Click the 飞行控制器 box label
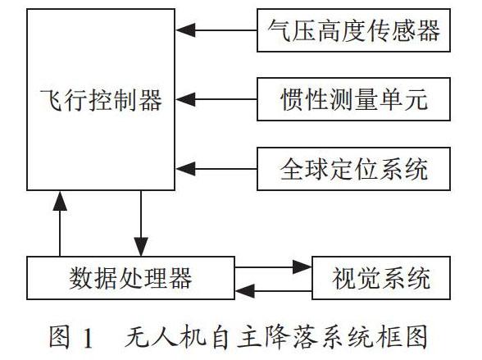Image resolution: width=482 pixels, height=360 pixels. (x=101, y=100)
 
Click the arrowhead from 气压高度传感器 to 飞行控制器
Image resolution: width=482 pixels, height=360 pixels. (x=185, y=30)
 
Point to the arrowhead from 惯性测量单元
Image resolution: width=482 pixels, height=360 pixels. (x=185, y=99)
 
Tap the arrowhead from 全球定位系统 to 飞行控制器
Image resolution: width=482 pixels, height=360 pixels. (x=185, y=169)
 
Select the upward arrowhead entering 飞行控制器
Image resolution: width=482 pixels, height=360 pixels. (x=60, y=201)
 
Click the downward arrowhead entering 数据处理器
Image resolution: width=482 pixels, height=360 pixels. (x=141, y=247)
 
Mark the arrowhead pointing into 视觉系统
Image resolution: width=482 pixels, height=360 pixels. (x=302, y=267)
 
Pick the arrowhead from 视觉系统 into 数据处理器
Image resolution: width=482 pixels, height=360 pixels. (x=245, y=290)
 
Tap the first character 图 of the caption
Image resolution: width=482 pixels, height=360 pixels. (x=60, y=337)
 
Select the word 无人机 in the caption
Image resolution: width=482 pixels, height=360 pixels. (x=166, y=337)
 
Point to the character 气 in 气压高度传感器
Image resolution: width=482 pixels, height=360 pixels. (x=279, y=30)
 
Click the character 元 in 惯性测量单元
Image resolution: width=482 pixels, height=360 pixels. (x=416, y=99)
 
